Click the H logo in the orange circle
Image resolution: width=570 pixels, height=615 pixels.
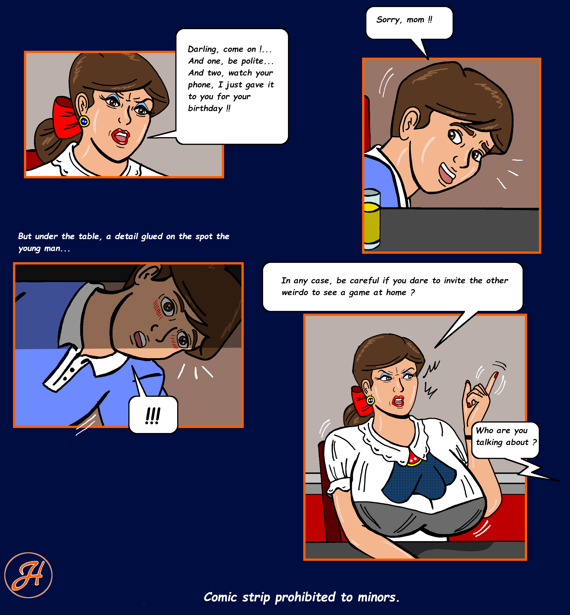[x=28, y=575]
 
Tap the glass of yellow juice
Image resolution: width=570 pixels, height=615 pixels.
[x=372, y=219]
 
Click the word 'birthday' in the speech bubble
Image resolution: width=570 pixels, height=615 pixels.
[x=205, y=108]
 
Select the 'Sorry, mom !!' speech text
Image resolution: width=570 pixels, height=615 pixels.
[x=404, y=20]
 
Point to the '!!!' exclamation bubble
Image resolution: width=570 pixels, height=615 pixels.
[x=153, y=415]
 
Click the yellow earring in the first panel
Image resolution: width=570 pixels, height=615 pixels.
[x=84, y=121]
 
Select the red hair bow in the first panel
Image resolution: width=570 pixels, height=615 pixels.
[x=65, y=117]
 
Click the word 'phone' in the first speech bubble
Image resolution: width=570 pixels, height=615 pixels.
[x=199, y=85]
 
